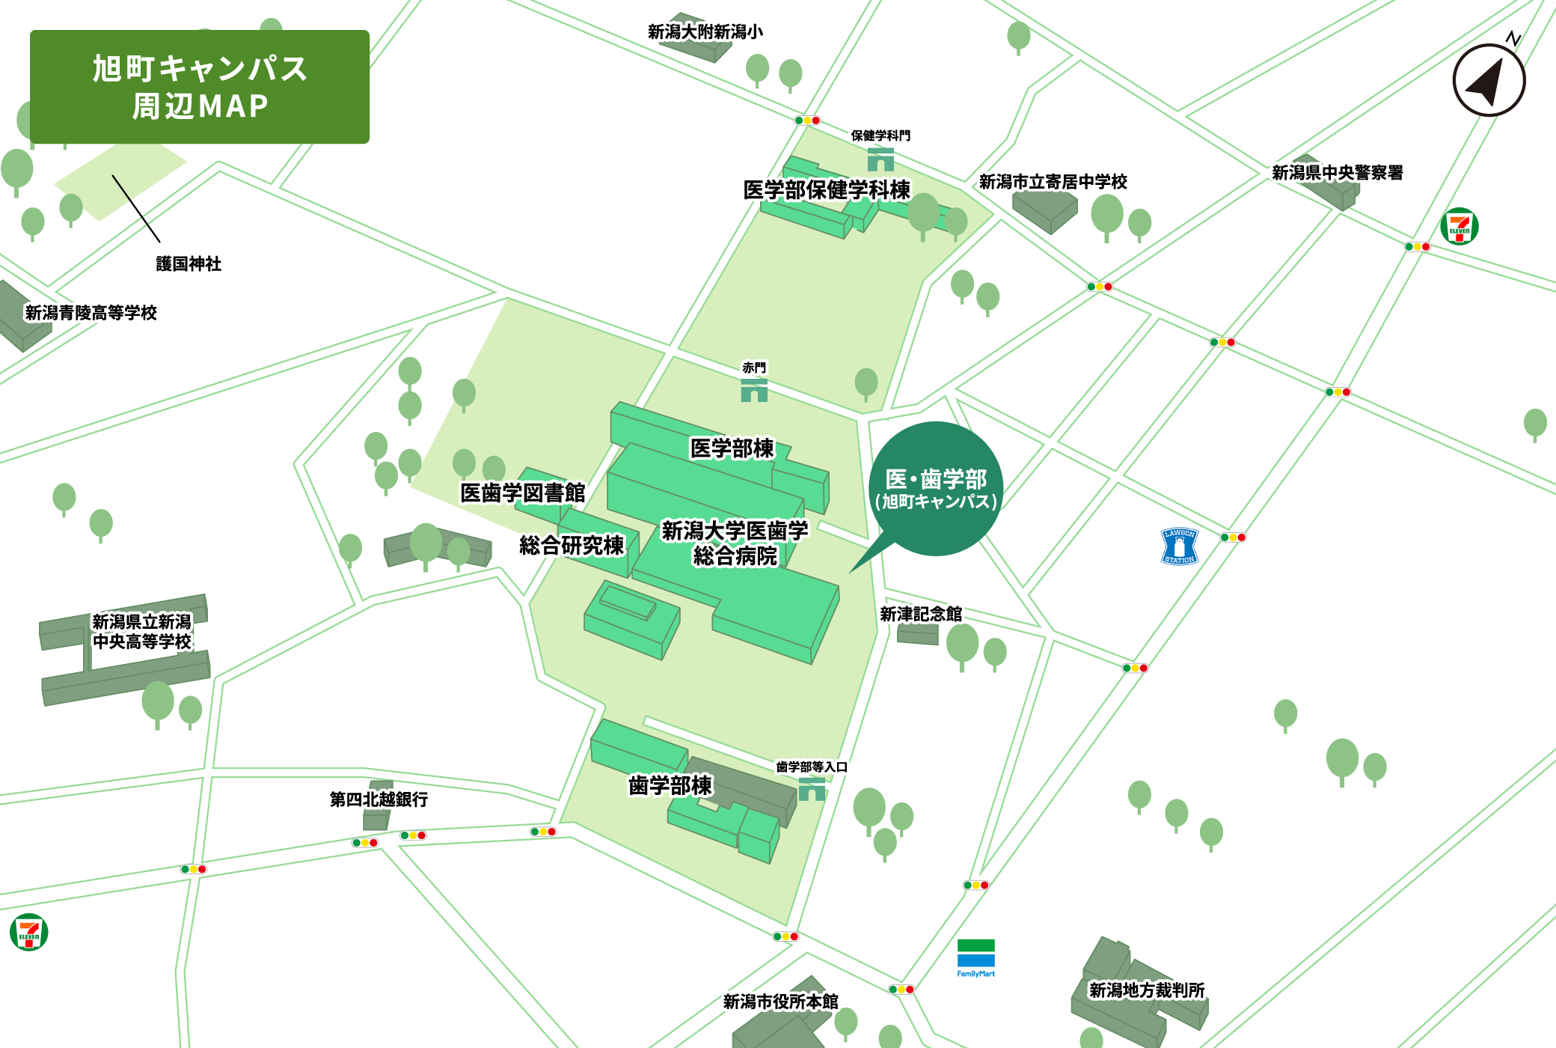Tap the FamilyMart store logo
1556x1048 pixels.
pyautogui.click(x=975, y=957)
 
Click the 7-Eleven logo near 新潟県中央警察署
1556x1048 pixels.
pyautogui.click(x=1459, y=226)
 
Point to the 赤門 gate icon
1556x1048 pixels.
pyautogui.click(x=754, y=390)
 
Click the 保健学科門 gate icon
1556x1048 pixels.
pyautogui.click(x=880, y=159)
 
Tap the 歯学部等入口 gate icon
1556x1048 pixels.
pyautogui.click(x=812, y=789)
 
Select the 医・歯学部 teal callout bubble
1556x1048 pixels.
pyautogui.click(x=936, y=489)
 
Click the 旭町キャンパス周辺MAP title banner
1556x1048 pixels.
pyautogui.click(x=200, y=87)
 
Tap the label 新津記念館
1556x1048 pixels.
pyautogui.click(x=921, y=615)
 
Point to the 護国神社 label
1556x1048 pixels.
pyautogui.click(x=189, y=263)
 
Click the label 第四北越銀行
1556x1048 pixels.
pyautogui.click(x=379, y=799)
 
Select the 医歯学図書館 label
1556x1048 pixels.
pyautogui.click(x=522, y=493)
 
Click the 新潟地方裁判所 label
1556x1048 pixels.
pyautogui.click(x=1147, y=990)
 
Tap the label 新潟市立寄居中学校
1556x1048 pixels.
pyautogui.click(x=1053, y=182)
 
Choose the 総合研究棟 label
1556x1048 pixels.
pyautogui.click(x=572, y=545)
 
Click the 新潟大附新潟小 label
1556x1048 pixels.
pyautogui.click(x=705, y=31)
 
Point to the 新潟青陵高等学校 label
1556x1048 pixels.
pyautogui.click(x=91, y=313)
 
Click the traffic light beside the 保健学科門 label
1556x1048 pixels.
pyautogui.click(x=807, y=121)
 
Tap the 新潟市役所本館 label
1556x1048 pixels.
pyautogui.click(x=780, y=1002)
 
